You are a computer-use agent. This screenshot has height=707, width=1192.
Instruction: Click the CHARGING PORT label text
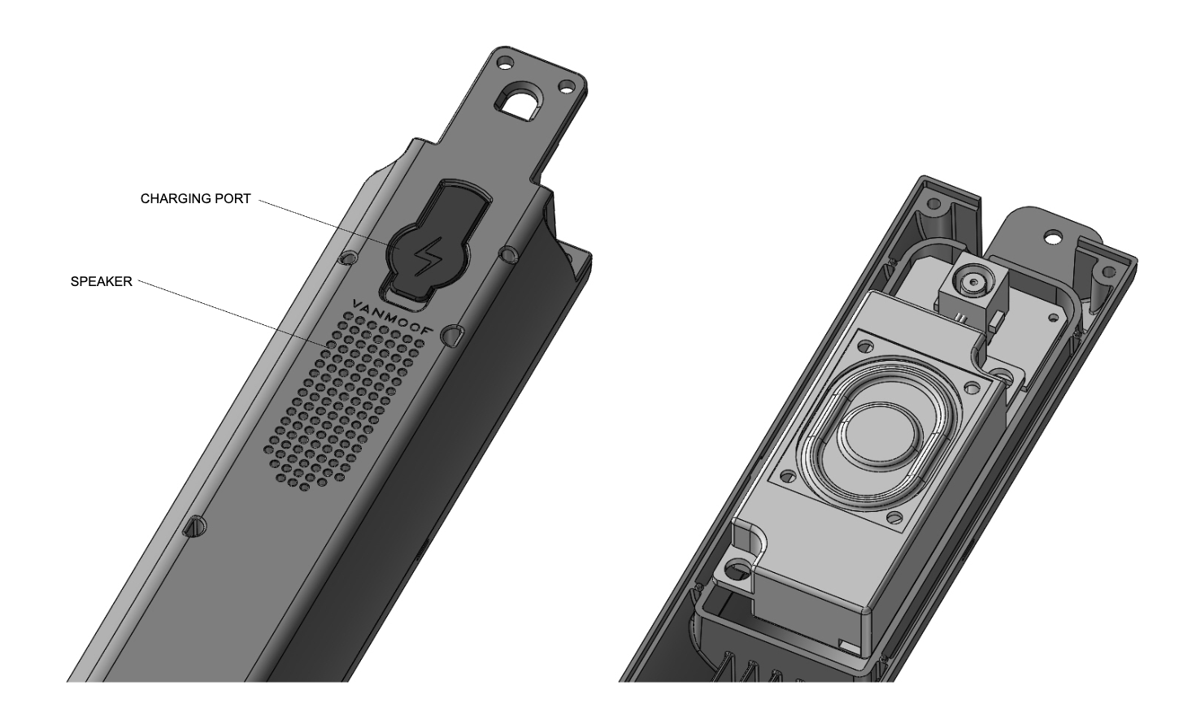[195, 198]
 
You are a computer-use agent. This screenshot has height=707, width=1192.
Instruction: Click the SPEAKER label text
[101, 281]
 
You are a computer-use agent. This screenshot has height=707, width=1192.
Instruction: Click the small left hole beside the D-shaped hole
[503, 63]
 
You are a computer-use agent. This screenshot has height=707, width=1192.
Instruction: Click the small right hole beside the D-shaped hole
[567, 85]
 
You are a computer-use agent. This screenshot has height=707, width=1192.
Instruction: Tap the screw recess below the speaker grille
[194, 526]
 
